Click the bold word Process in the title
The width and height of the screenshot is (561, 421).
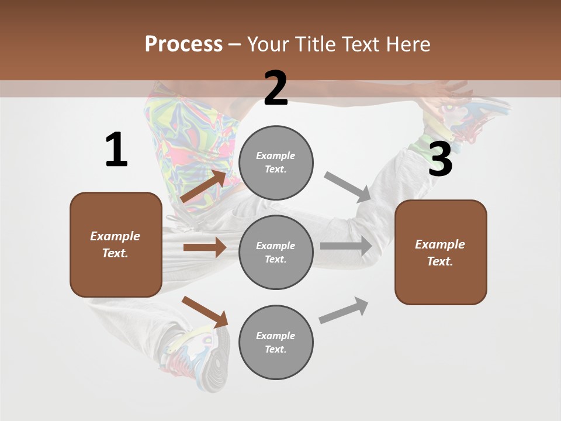click(x=183, y=44)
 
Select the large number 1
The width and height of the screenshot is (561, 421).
click(x=116, y=150)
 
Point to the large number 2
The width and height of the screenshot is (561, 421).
click(x=276, y=88)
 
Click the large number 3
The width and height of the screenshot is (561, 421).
click(x=440, y=160)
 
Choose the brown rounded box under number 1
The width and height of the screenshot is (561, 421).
click(x=116, y=244)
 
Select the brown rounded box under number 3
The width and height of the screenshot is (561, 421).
click(x=441, y=252)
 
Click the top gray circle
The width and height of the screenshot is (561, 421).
click(x=276, y=163)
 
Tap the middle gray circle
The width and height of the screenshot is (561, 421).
click(x=276, y=252)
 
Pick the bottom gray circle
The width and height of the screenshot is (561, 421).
click(x=276, y=342)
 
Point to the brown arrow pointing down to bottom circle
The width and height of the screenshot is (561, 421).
click(x=205, y=312)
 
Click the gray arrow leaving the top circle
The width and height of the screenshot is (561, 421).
click(x=348, y=187)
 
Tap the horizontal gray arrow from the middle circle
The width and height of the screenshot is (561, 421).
click(x=346, y=246)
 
